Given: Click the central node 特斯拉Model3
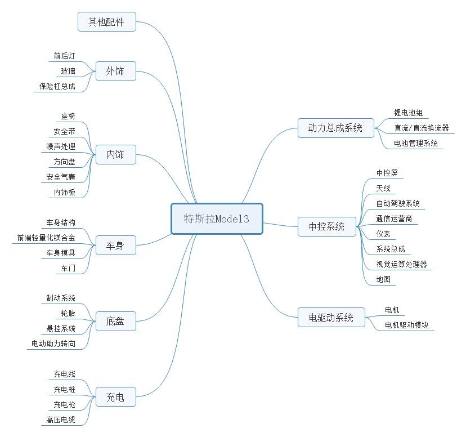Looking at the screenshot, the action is tap(217, 219).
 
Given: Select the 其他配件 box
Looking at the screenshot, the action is tap(107, 22).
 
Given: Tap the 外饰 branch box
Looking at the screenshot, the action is tap(115, 71).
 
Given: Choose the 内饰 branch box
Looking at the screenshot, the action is tap(115, 155).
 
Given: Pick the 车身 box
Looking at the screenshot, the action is tap(115, 246).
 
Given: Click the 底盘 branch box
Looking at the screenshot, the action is tap(115, 321).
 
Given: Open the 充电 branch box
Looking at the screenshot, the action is tap(115, 397).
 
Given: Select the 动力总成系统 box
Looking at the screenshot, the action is tap(336, 128).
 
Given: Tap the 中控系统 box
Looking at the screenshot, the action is tap(327, 226).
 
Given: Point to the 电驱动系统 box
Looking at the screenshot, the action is tap(331, 318).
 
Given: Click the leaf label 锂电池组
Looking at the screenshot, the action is tap(409, 113).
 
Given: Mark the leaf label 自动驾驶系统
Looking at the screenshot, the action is tap(398, 203).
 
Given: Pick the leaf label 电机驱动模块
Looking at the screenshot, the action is tap(406, 325).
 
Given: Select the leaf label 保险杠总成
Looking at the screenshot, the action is tap(57, 86).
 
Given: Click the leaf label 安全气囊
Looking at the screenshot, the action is tap(61, 177).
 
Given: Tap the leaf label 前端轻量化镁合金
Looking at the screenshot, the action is tap(46, 238).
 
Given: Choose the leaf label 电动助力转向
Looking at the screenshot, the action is tap(53, 344).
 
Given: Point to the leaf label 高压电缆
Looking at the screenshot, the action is tap(61, 420).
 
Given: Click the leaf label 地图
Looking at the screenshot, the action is tap(383, 279).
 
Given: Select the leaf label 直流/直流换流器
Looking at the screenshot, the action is tap(422, 128).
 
